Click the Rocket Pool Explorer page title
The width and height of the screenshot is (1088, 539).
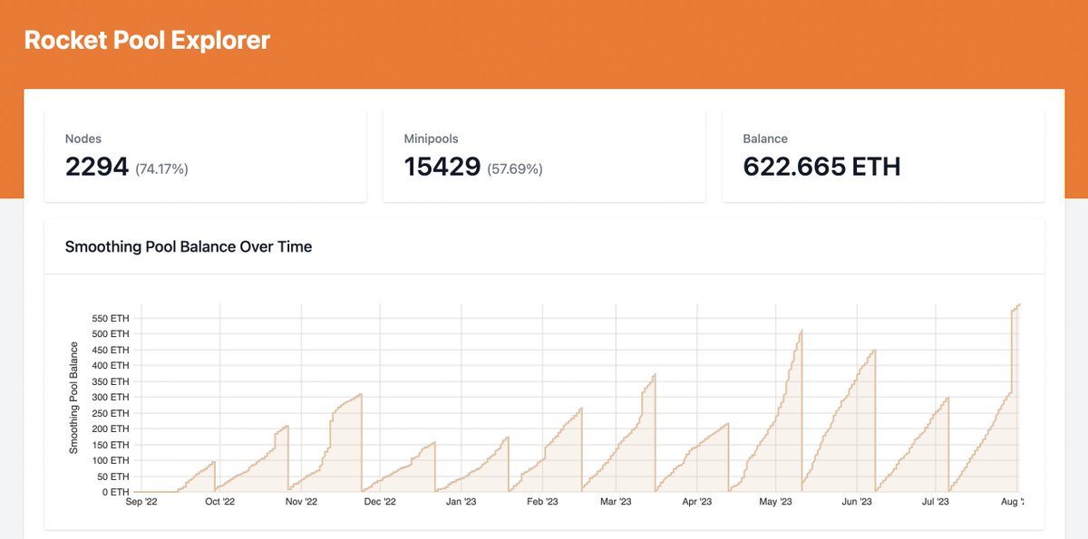147,41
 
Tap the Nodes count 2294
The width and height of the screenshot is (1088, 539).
97,167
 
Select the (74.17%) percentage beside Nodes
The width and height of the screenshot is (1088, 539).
161,168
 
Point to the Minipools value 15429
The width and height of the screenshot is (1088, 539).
442,167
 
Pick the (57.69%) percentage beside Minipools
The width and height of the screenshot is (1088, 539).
515,168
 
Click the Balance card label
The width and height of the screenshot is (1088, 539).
765,139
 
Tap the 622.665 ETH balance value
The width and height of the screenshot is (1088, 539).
821,167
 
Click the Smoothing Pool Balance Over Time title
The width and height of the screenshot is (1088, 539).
189,246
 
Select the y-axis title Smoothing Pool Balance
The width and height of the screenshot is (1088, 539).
73,398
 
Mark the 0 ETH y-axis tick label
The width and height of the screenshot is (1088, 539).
115,492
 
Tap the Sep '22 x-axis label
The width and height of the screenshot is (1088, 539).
141,502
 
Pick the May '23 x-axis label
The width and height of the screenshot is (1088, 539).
775,502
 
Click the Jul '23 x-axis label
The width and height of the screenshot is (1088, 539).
937,502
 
